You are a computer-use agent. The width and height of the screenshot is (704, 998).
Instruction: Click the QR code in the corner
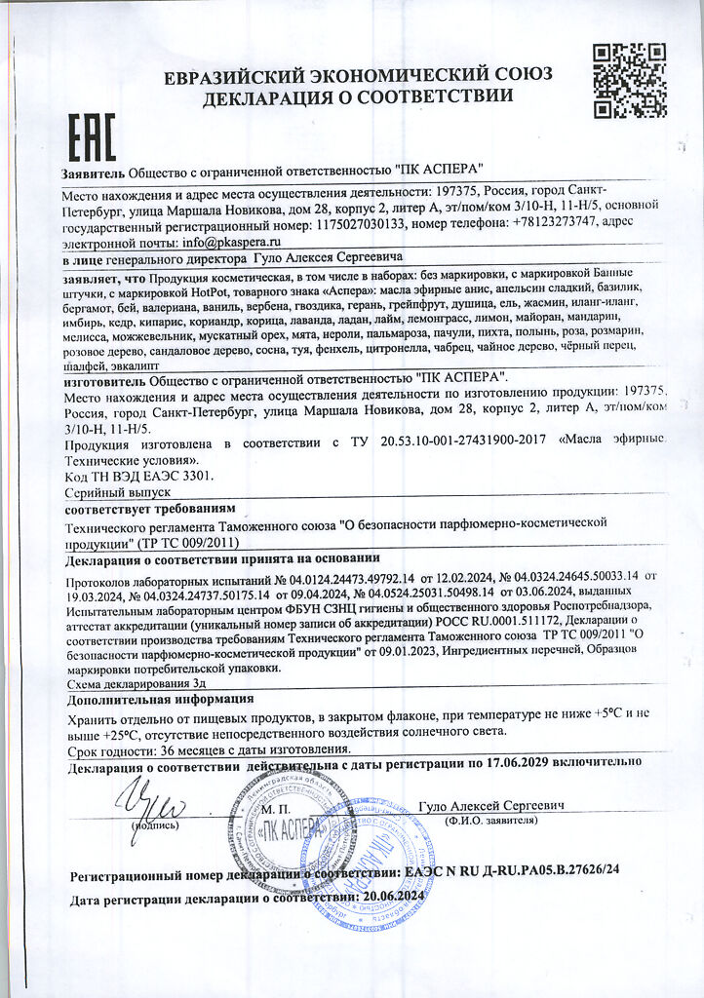tap(629, 80)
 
